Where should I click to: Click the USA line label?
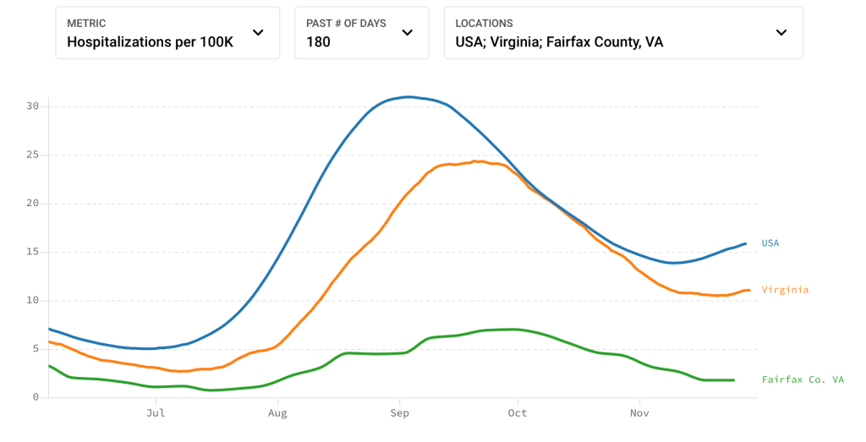tap(770, 243)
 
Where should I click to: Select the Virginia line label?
tap(785, 290)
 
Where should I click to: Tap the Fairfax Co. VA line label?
tap(803, 380)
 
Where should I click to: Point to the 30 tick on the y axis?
tap(33, 106)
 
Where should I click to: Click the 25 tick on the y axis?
tap(33, 155)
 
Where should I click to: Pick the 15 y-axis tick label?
tap(33, 252)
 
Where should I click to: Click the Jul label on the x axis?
tap(156, 413)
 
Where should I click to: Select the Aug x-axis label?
tap(277, 413)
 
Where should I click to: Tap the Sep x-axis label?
tap(399, 413)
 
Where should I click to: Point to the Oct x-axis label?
tap(518, 413)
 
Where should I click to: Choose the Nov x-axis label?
tap(639, 413)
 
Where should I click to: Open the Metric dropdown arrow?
tap(258, 33)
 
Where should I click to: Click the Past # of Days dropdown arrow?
tap(407, 33)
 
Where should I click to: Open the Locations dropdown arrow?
tap(781, 33)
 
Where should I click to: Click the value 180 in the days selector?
tap(318, 41)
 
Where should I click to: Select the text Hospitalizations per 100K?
tap(150, 41)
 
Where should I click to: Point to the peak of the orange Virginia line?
tap(477, 161)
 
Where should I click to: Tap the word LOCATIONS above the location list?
tap(484, 24)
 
